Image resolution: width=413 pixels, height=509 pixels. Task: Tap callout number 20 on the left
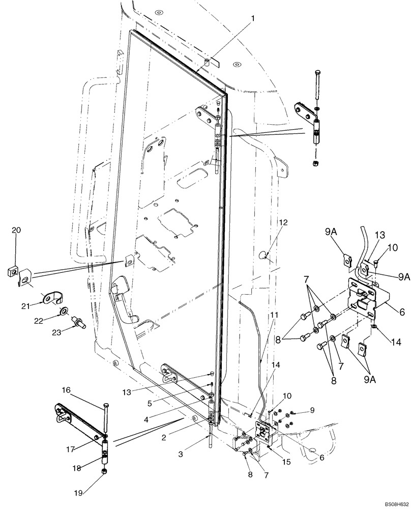(x=16, y=231)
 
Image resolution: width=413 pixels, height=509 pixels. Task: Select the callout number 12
(x=283, y=222)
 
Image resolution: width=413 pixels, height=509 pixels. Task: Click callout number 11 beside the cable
(x=274, y=316)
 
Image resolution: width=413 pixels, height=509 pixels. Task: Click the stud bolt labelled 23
(x=79, y=322)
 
